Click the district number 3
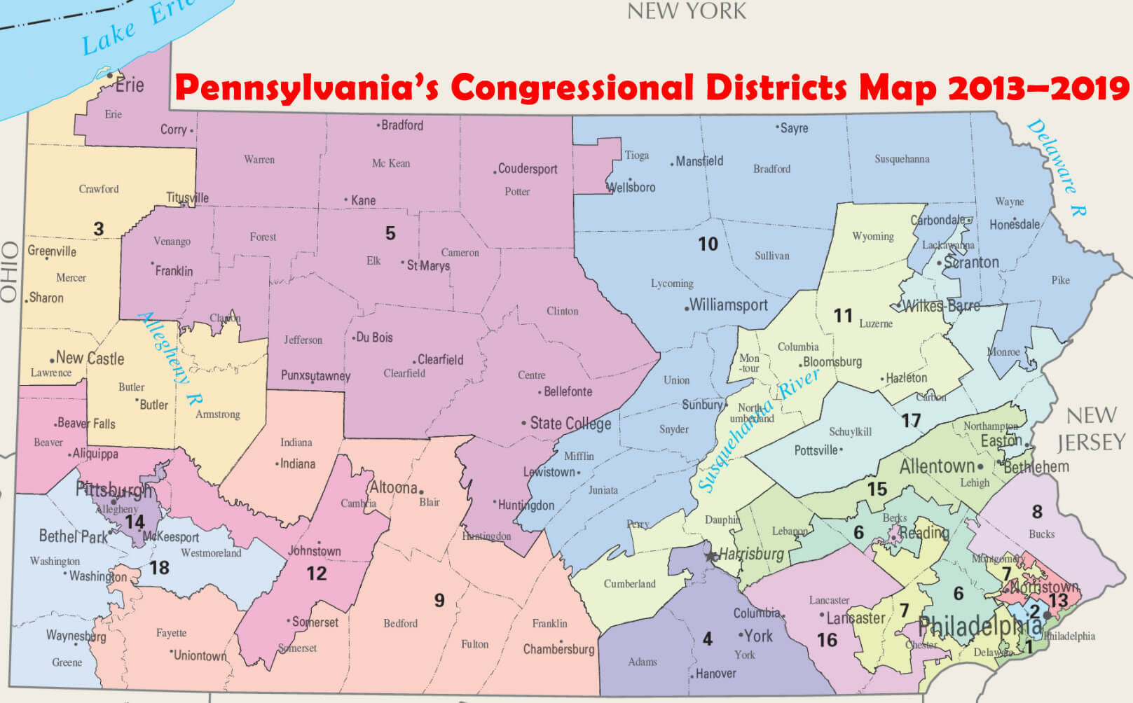tap(99, 229)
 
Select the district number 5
tap(390, 233)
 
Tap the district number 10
tap(708, 244)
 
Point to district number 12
tap(316, 573)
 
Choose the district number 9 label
tap(439, 600)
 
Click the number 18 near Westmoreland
tap(159, 567)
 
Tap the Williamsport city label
tap(728, 305)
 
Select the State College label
tap(570, 423)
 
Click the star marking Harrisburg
tap(711, 556)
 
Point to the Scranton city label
tap(970, 263)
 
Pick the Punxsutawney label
tap(315, 376)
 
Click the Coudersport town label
tap(527, 169)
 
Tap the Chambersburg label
tap(558, 649)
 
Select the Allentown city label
tap(937, 466)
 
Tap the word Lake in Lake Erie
tap(109, 39)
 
